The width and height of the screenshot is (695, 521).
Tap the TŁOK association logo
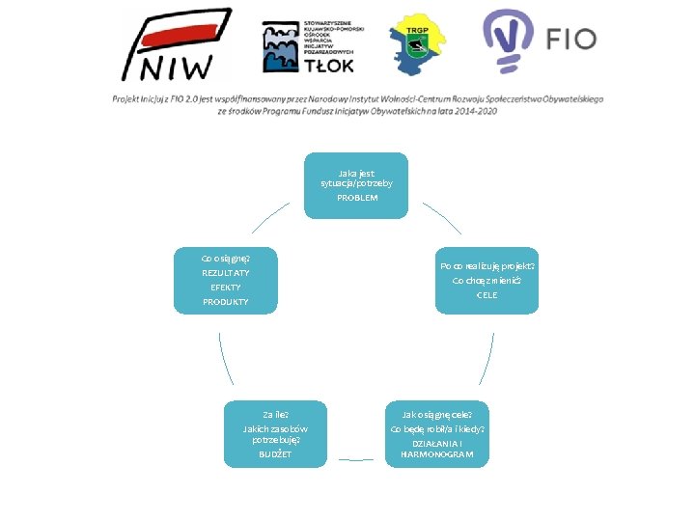pos(308,46)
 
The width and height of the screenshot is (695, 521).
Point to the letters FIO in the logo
pos(571,40)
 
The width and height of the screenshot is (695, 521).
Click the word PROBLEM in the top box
pos(357,198)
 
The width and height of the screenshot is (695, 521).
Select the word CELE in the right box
pos(486,295)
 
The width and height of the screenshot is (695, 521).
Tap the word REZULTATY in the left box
pos(224,273)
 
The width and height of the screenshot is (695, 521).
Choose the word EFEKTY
pos(225,288)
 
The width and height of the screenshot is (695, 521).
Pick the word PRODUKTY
pos(225,302)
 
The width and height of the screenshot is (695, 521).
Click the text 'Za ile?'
pos(275,414)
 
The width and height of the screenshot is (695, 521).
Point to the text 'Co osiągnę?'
pos(225,258)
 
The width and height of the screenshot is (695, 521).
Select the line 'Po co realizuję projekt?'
pos(486,266)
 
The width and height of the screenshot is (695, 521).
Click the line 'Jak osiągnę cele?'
pos(437,414)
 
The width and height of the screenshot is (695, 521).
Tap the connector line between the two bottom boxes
pos(355,459)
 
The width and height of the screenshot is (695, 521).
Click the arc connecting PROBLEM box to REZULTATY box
pos(268,217)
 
